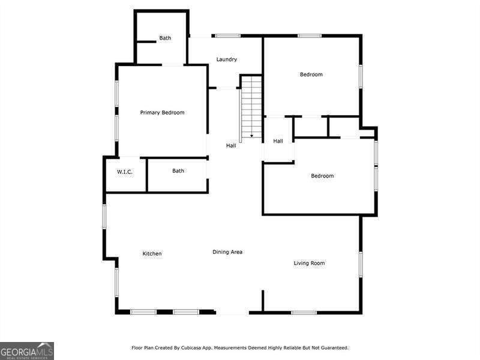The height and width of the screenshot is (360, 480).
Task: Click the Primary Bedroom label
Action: [162, 113]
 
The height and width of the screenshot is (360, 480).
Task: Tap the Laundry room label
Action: [227, 59]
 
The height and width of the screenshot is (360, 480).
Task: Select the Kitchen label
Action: [152, 254]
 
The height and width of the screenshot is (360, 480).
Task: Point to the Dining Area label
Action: [227, 252]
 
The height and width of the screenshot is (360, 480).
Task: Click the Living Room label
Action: [309, 263]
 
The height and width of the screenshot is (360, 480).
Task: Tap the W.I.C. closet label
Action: [125, 172]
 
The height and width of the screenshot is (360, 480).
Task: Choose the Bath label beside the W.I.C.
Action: [178, 171]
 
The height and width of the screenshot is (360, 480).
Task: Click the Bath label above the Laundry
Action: [165, 38]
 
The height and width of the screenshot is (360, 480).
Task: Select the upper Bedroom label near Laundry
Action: [311, 74]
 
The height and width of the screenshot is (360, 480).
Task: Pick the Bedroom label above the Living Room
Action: [322, 176]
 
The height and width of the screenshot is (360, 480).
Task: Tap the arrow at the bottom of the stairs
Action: [251, 136]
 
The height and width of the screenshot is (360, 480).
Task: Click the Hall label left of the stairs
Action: [231, 146]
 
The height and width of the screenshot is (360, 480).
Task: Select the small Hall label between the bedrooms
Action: [278, 141]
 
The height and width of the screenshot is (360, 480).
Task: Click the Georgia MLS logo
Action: [27, 350]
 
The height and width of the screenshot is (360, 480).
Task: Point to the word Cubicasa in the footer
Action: [191, 347]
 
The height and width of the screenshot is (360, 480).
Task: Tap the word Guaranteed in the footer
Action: [333, 347]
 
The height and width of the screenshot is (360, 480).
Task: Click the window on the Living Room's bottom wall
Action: [304, 312]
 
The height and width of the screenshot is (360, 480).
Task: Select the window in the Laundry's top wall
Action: [228, 36]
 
